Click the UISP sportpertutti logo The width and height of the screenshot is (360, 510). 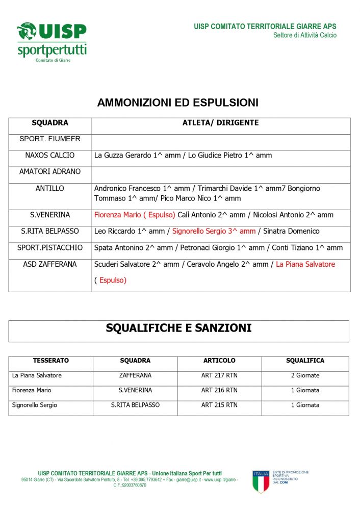(52, 42)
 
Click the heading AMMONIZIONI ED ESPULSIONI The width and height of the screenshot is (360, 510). (177, 103)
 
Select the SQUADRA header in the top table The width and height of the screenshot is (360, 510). (50, 123)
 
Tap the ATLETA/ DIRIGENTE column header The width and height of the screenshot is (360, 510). (220, 123)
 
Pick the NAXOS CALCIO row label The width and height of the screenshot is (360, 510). (50, 156)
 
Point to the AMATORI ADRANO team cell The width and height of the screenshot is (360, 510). (50, 172)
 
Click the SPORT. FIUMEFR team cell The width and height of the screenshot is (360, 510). (50, 139)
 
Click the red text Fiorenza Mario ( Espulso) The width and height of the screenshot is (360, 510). (135, 215)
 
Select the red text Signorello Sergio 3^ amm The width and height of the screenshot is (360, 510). (214, 231)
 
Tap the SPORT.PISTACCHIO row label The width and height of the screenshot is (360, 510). (50, 248)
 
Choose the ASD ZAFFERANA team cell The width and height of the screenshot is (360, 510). (50, 264)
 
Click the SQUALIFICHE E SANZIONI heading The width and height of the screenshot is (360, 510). (178, 328)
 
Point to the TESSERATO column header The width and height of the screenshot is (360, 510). (51, 361)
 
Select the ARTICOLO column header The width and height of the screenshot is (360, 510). (219, 361)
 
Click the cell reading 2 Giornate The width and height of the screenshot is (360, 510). (305, 375)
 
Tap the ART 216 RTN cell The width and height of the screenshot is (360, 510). (219, 390)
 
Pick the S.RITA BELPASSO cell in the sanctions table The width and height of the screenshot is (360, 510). (135, 405)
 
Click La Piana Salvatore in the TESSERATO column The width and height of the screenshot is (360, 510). (37, 375)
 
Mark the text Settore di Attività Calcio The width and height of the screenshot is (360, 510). (304, 36)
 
